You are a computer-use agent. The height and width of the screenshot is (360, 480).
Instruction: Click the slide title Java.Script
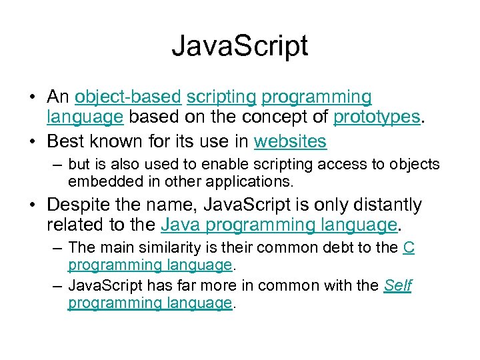tap(239, 47)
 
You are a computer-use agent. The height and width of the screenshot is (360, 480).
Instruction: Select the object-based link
tap(128, 97)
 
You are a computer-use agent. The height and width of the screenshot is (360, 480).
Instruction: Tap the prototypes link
tap(377, 118)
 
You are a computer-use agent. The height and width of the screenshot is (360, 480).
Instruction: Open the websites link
tap(290, 141)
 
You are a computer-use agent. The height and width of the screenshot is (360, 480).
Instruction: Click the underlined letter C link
tap(409, 247)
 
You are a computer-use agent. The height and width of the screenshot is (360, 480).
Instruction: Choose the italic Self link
tap(398, 286)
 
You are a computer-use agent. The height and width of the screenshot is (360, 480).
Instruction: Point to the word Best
tap(66, 141)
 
